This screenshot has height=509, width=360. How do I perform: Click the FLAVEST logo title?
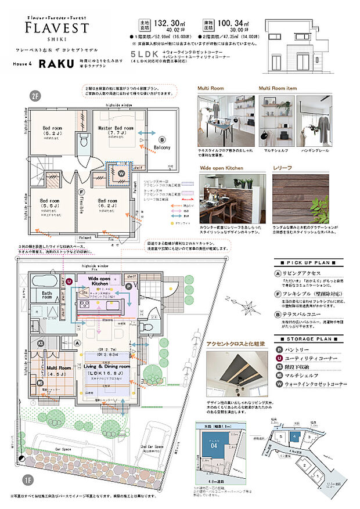[56, 28]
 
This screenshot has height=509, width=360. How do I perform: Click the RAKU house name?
[55, 65]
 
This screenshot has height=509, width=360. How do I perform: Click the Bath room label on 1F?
[42, 295]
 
